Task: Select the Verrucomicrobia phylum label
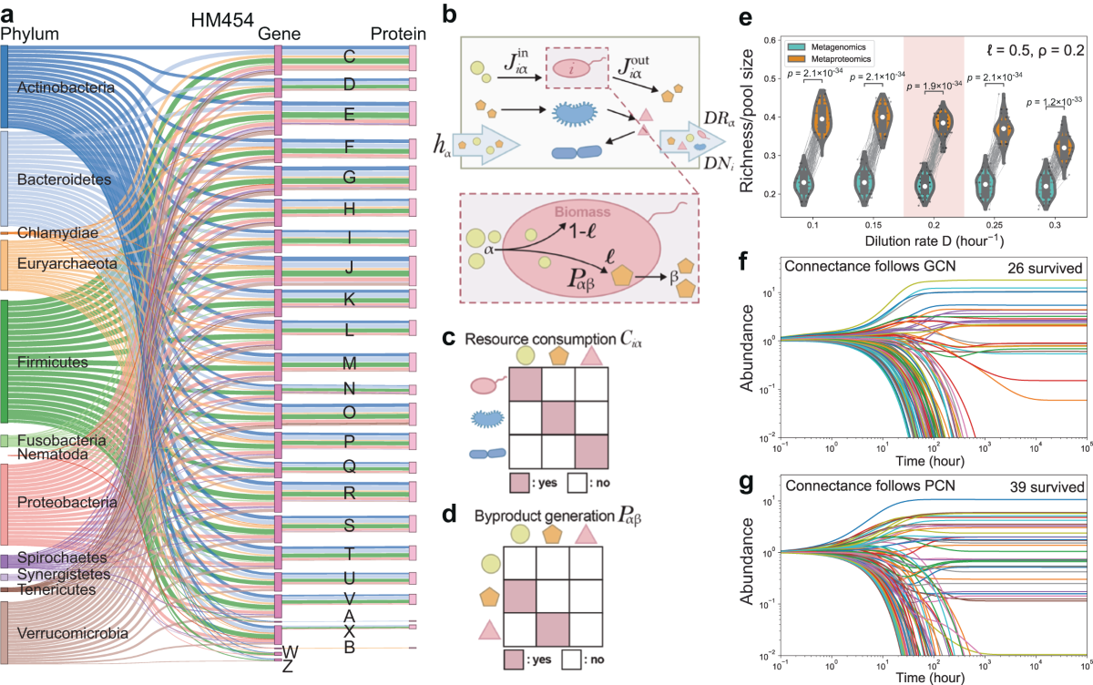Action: (x=67, y=633)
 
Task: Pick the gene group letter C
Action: (x=349, y=56)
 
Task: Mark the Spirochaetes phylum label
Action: (x=56, y=557)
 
